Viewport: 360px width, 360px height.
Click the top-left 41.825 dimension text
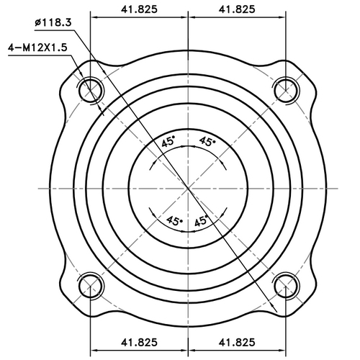point(139,9)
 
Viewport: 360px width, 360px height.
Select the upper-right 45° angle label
point(207,142)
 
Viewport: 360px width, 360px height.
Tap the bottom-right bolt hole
point(286,284)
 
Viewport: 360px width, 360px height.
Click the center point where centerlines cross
point(187,187)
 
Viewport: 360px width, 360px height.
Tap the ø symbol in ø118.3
point(37,22)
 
